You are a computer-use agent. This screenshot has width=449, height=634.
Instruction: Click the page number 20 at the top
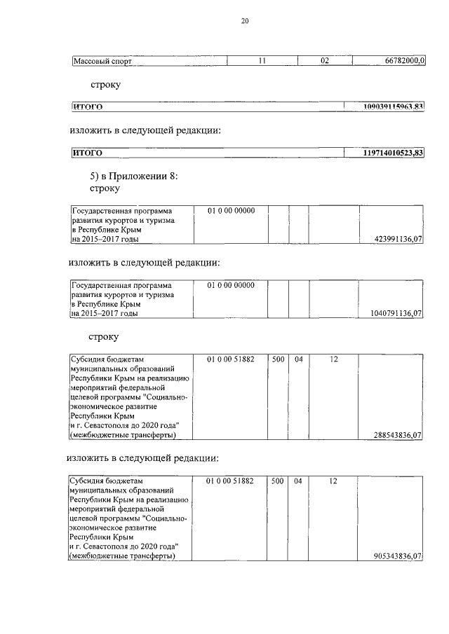tap(245, 21)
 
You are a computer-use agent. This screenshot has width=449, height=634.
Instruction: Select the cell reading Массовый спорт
tap(103, 62)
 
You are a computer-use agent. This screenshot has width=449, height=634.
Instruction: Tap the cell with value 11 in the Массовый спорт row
tap(262, 62)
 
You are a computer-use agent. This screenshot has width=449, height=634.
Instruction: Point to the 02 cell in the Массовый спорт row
tap(325, 62)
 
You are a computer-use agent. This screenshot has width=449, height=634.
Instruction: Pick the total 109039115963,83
tap(393, 106)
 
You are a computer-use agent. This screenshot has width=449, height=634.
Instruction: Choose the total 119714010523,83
tap(393, 153)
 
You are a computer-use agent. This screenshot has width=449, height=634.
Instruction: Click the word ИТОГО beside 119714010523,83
tap(88, 153)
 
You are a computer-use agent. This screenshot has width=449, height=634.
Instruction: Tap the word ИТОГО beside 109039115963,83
tap(88, 106)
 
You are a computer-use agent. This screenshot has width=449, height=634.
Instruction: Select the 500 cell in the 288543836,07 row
tap(277, 359)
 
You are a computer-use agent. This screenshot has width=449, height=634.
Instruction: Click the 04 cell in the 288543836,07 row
tap(298, 359)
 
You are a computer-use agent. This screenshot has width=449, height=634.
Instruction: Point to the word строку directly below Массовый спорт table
tap(105, 85)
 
